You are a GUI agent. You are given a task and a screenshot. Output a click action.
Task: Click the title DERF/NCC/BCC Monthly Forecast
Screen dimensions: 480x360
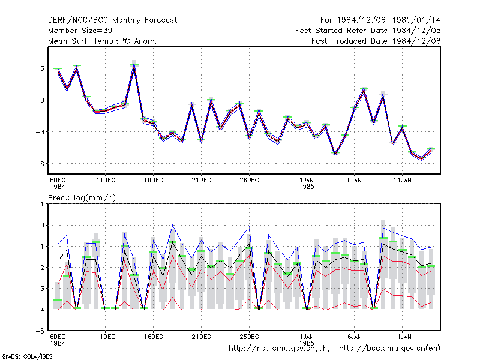pyautogui.click(x=112, y=20)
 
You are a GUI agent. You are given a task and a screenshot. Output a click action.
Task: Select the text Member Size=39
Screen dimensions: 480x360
pyautogui.click(x=80, y=31)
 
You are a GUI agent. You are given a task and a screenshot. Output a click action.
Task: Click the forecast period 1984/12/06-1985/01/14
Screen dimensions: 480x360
pyautogui.click(x=380, y=20)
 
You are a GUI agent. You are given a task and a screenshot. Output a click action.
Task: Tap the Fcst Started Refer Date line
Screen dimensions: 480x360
pyautogui.click(x=368, y=31)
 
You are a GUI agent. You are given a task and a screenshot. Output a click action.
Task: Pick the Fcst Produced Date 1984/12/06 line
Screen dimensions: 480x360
pyautogui.click(x=376, y=41)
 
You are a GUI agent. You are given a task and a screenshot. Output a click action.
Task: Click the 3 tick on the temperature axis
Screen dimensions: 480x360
pyautogui.click(x=42, y=68)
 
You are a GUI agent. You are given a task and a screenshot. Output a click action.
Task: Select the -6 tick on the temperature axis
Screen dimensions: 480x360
pyautogui.click(x=40, y=163)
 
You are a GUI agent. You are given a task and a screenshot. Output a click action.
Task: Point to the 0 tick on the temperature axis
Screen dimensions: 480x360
pyautogui.click(x=42, y=100)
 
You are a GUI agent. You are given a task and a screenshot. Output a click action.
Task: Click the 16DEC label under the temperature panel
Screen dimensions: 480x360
pyautogui.click(x=154, y=180)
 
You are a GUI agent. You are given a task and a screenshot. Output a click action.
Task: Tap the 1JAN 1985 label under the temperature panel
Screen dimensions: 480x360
pyautogui.click(x=307, y=183)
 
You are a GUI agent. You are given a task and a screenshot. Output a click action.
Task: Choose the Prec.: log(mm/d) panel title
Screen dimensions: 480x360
pyautogui.click(x=82, y=198)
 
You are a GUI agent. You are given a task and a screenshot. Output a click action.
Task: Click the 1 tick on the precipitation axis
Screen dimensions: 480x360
pyautogui.click(x=42, y=204)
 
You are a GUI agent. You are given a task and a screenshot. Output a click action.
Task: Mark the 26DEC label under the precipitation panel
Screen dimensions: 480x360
pyautogui.click(x=249, y=337)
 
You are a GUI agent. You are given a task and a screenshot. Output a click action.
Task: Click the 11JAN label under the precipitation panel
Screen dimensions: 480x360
pyautogui.click(x=402, y=337)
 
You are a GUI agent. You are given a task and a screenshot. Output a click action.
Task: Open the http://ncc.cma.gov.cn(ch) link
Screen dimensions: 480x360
pyautogui.click(x=279, y=349)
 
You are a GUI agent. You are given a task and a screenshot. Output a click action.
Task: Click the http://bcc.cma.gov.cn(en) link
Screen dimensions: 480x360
pyautogui.click(x=389, y=349)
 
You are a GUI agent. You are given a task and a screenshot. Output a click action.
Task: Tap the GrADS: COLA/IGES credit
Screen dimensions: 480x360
pyautogui.click(x=27, y=356)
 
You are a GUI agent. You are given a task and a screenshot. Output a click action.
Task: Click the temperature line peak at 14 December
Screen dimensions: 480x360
pyautogui.click(x=134, y=65)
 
